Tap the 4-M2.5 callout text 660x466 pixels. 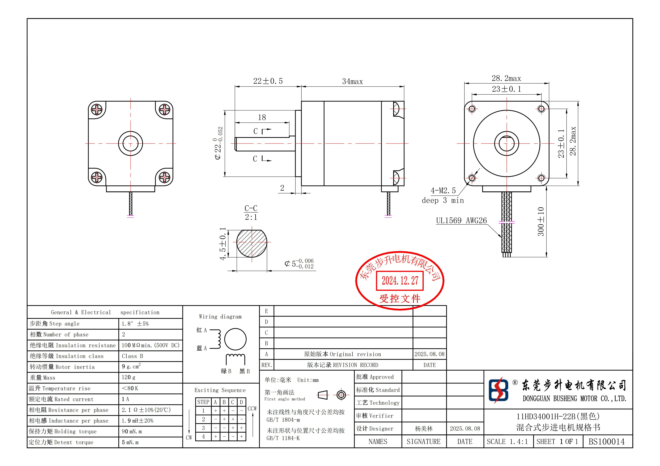click(x=443, y=190)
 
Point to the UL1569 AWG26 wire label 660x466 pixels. click(x=461, y=221)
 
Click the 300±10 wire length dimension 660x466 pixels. click(x=541, y=221)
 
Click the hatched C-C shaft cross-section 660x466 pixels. click(x=252, y=243)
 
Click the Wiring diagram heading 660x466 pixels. click(x=220, y=317)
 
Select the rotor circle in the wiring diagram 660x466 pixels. click(x=235, y=339)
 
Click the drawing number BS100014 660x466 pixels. click(x=607, y=442)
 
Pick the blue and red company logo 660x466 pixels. click(x=498, y=390)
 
